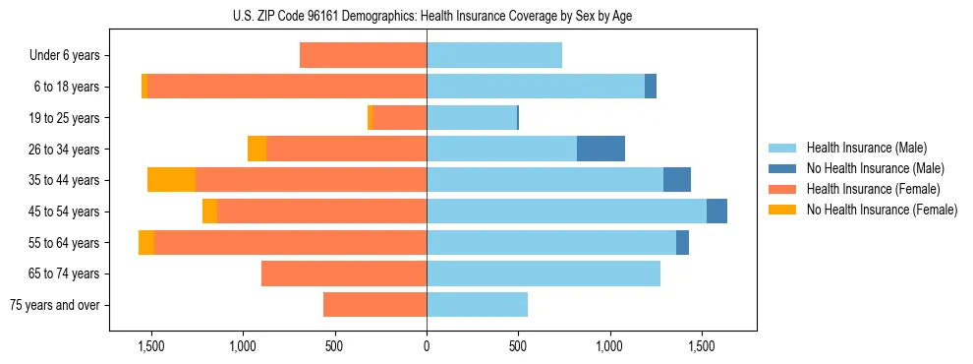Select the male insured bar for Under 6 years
click(493, 55)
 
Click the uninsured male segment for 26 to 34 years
click(601, 149)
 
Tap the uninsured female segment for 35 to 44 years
click(171, 180)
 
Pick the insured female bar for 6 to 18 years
click(286, 87)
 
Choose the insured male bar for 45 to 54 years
click(566, 212)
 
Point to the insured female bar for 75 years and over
click(374, 305)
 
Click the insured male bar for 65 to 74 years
click(543, 273)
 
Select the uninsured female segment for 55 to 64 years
click(146, 242)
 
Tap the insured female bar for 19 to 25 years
click(399, 118)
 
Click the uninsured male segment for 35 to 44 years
click(677, 180)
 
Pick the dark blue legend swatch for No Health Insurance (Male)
click(782, 168)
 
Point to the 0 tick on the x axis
click(427, 346)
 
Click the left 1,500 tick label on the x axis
click(151, 346)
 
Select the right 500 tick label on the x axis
click(518, 346)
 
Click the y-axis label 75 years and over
click(55, 305)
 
